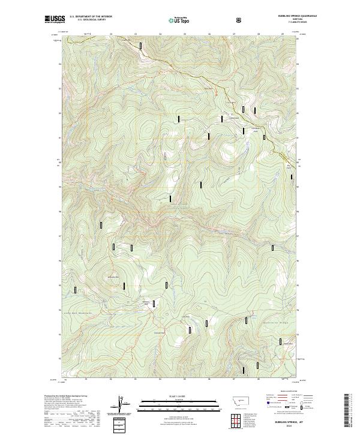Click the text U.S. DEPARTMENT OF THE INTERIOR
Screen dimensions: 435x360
(x=91, y=17)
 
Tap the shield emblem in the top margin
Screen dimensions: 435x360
(x=239, y=20)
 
